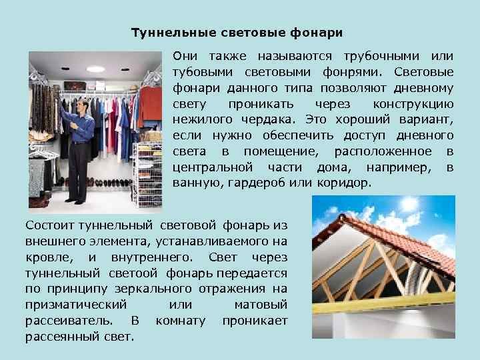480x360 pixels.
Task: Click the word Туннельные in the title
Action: coord(164,32)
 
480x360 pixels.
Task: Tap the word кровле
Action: coord(47,258)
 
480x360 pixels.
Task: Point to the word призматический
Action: coord(76,305)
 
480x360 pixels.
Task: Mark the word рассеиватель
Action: coord(73,321)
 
